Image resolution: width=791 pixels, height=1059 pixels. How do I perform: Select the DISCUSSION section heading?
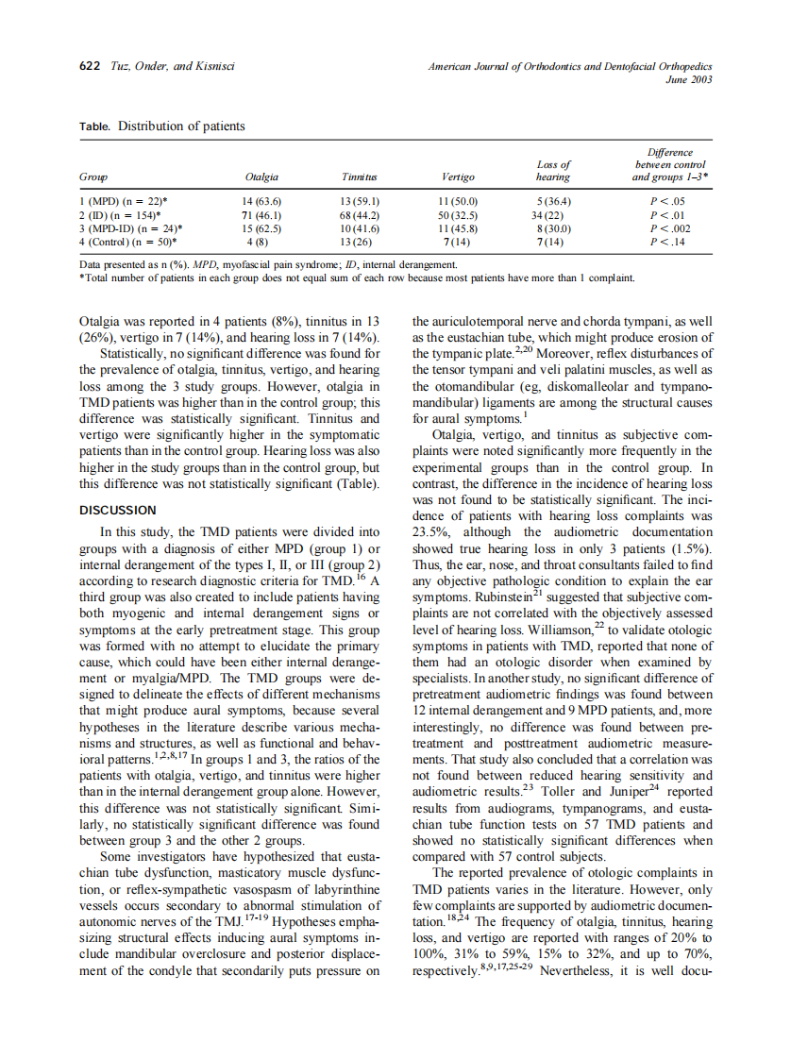point(116,510)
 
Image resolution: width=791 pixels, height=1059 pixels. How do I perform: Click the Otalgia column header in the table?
point(261,176)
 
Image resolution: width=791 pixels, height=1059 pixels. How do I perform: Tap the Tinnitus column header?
point(359,176)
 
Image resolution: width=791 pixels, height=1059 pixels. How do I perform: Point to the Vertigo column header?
point(458,176)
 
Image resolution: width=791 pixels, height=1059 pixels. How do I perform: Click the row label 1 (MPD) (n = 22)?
point(123,202)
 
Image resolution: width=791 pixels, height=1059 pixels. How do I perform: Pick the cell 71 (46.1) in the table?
point(261,215)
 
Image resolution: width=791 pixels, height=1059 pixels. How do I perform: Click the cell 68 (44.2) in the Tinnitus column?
point(359,215)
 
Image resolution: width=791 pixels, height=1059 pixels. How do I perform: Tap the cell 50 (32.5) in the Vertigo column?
point(458,215)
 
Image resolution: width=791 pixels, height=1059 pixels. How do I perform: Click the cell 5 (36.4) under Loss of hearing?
point(552,202)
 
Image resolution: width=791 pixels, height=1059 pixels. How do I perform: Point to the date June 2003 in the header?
point(688,79)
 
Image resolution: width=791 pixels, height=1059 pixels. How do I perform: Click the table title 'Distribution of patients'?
point(181,126)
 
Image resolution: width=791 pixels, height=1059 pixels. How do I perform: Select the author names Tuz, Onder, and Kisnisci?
point(173,66)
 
